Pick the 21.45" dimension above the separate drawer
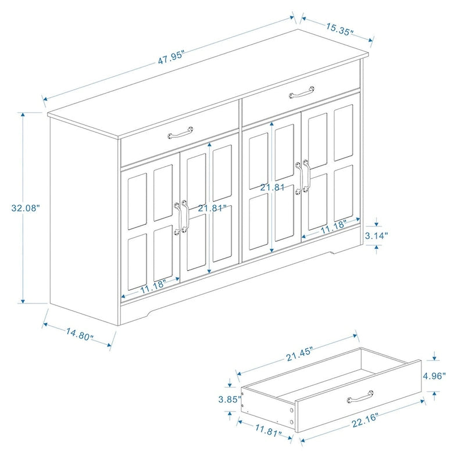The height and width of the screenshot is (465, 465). pyautogui.click(x=299, y=351)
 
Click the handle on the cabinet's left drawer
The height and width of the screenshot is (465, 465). pyautogui.click(x=180, y=134)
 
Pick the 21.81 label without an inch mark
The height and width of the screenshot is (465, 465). pyautogui.click(x=273, y=187)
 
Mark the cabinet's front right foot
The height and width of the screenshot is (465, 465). pyautogui.click(x=336, y=251)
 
